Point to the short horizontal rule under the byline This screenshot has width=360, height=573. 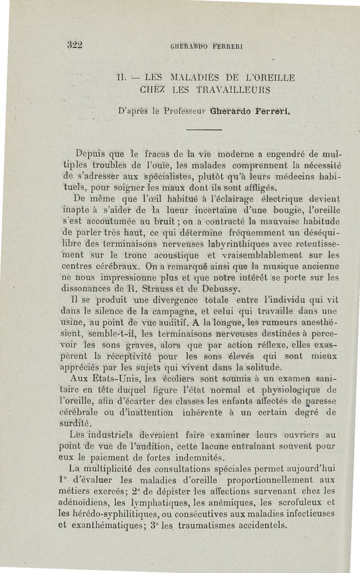pos(204,130)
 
